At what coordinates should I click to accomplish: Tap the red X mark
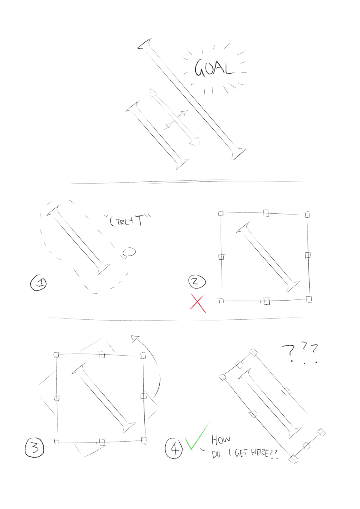click(198, 303)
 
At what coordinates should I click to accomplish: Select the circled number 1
click(39, 283)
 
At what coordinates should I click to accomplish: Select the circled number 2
click(197, 281)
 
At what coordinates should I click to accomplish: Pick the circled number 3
click(34, 447)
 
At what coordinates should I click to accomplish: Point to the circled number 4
click(174, 448)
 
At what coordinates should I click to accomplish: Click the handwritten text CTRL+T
click(127, 221)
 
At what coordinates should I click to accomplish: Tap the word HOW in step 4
click(221, 440)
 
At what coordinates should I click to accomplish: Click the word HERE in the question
click(260, 453)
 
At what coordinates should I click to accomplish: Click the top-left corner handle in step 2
click(221, 214)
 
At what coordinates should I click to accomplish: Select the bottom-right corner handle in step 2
click(309, 299)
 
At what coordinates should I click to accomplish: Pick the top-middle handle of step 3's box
click(102, 354)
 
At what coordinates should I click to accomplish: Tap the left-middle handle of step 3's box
click(57, 399)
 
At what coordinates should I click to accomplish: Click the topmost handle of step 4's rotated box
click(253, 352)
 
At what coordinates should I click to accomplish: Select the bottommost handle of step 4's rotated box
click(293, 458)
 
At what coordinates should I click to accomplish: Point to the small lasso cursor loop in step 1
click(130, 252)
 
